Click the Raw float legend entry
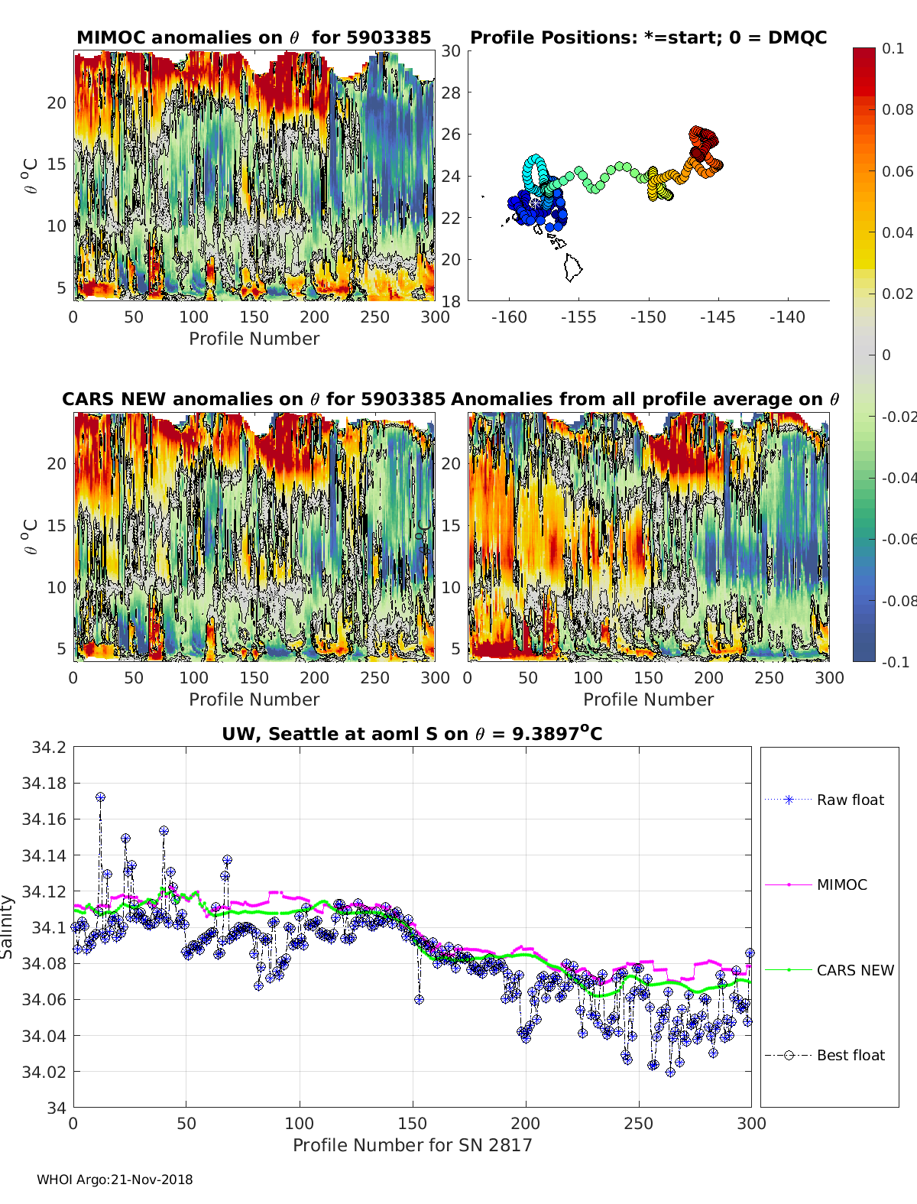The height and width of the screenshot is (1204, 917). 849,800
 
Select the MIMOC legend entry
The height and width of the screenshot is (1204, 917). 841,884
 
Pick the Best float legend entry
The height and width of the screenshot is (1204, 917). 850,1055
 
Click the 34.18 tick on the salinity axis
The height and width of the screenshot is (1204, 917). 44,783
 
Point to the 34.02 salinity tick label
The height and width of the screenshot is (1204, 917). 44,1072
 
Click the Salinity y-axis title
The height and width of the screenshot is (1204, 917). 8,927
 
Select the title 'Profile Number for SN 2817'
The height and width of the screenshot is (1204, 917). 412,1144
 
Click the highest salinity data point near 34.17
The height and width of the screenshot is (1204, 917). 100,797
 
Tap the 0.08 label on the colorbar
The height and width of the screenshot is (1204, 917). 897,109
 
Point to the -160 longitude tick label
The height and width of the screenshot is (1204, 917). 509,317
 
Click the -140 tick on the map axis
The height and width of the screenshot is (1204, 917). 787,317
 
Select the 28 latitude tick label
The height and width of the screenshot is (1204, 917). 451,92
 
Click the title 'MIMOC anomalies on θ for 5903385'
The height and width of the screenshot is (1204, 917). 254,37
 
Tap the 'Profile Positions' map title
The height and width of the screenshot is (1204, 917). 648,37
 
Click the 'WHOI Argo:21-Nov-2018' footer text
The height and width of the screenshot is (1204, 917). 115,1180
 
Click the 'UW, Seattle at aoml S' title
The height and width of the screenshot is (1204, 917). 412,734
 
